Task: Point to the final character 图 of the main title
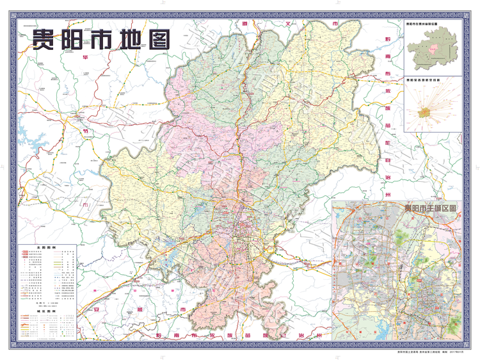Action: click(x=159, y=40)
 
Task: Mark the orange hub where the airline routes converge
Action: click(x=425, y=111)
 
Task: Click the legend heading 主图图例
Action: click(x=47, y=246)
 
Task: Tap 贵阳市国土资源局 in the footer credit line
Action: click(x=408, y=352)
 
